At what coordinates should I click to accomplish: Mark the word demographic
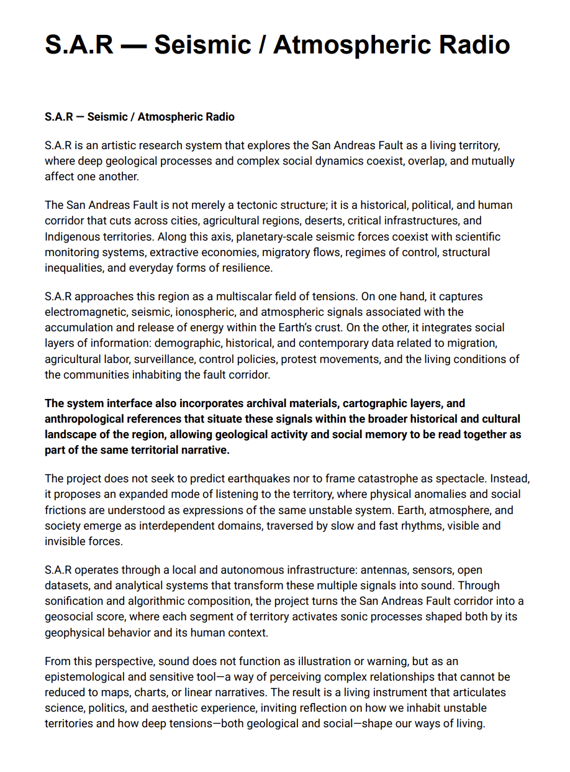(x=186, y=343)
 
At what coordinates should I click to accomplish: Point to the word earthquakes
(x=266, y=479)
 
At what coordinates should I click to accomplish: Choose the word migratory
(x=294, y=252)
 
